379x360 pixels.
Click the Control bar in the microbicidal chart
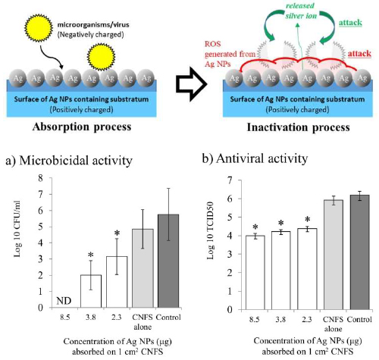pyautogui.click(x=168, y=261)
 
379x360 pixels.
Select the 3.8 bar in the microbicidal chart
pyautogui.click(x=91, y=291)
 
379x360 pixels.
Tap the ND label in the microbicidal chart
pyautogui.click(x=64, y=301)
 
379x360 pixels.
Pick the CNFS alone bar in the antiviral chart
pyautogui.click(x=334, y=255)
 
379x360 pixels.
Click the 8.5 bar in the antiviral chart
pyautogui.click(x=255, y=273)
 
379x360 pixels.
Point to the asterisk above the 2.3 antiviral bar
pyautogui.click(x=307, y=220)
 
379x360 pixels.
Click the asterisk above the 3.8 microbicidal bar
pyautogui.click(x=91, y=255)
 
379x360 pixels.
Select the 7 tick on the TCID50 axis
pyautogui.click(x=230, y=180)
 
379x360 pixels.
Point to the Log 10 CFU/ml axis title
pyautogui.click(x=17, y=229)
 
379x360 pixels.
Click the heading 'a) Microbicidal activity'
pyautogui.click(x=69, y=161)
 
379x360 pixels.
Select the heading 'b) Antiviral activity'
pyautogui.click(x=255, y=158)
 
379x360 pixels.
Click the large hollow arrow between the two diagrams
pyautogui.click(x=191, y=84)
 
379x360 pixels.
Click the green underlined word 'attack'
pyautogui.click(x=350, y=23)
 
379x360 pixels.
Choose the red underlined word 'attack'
pyautogui.click(x=359, y=54)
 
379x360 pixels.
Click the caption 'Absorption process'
pyautogui.click(x=82, y=127)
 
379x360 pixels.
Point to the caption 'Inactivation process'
pyautogui.click(x=298, y=127)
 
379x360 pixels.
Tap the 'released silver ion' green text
pyautogui.click(x=300, y=11)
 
